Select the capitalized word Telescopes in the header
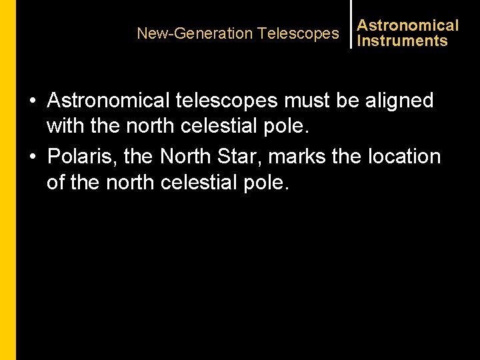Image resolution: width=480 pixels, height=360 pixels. tap(298, 33)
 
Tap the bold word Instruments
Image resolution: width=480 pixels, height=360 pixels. tap(402, 41)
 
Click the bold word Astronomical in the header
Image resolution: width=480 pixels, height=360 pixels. tap(408, 26)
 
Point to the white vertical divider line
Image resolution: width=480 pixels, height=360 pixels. tap(351, 24)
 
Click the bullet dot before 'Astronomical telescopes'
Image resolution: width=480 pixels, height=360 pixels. tap(33, 101)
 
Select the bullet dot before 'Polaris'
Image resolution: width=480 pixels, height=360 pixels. tap(33, 157)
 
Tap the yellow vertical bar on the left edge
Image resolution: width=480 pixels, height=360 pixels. tap(8, 180)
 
